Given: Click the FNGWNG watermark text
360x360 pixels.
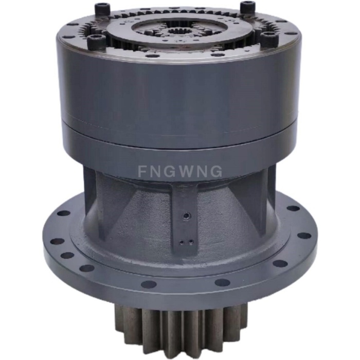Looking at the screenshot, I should [x=180, y=171].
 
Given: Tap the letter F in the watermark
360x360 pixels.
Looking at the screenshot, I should [x=142, y=171].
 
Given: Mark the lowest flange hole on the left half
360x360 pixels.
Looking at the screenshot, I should [x=148, y=284].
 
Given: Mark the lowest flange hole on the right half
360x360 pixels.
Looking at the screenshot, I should [x=222, y=282].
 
